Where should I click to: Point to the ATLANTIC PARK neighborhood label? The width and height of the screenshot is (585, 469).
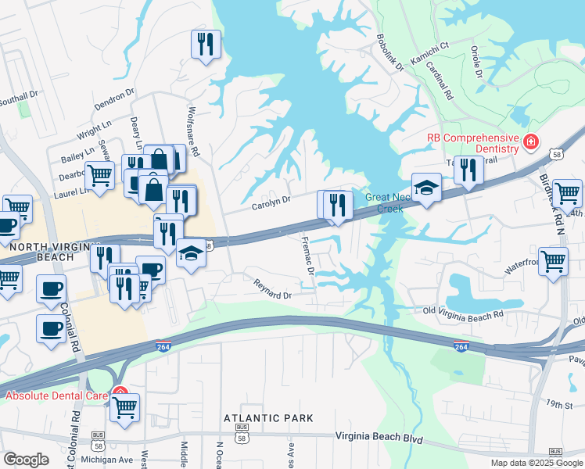click(x=268, y=418)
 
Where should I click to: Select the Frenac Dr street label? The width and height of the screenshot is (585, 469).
click(x=307, y=257)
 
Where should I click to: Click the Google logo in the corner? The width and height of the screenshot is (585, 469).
click(x=26, y=460)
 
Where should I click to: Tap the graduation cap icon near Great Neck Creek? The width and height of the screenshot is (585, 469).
click(x=426, y=188)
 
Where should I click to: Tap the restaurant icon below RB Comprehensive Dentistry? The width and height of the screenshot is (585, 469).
click(x=468, y=169)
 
